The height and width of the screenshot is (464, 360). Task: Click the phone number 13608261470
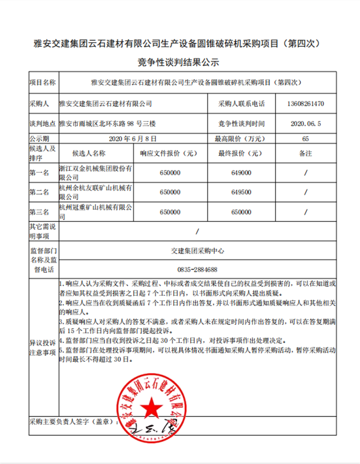point(305,104)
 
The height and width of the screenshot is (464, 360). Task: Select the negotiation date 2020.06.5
point(305,123)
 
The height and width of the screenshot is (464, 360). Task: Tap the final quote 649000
point(241,173)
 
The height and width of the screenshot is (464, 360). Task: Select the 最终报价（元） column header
point(241,153)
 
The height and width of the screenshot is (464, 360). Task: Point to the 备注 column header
point(305,153)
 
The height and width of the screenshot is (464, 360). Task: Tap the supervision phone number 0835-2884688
point(198,270)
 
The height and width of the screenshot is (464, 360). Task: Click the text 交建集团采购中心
point(198,251)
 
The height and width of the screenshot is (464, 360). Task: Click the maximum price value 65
point(306,138)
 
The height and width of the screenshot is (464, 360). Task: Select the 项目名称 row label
point(43,83)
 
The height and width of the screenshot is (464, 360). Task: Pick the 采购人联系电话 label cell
point(242,104)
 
